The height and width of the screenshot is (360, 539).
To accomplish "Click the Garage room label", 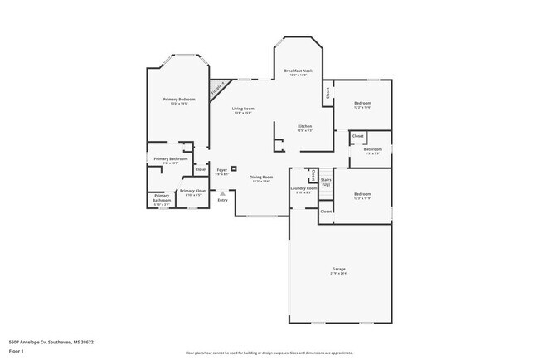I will coord(339,270).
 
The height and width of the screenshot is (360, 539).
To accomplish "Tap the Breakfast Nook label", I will coord(298,71).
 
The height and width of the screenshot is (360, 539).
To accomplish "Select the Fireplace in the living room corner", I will coord(219,88).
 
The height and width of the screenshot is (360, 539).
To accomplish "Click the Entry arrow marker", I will coord(222,192).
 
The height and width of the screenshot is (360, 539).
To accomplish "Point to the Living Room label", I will coord(243,109).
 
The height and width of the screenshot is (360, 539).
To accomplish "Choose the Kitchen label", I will coord(305,126).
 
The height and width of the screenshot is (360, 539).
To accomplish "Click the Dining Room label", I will coord(261,177).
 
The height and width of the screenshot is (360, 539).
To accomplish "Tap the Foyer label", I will coord(221,170).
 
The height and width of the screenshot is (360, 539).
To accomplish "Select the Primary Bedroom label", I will coord(179,100).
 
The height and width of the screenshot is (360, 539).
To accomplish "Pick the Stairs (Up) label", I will coord(326,181).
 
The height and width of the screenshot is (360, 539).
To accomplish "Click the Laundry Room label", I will coord(303,188).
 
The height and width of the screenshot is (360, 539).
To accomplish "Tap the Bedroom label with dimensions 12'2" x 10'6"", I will coord(362,104).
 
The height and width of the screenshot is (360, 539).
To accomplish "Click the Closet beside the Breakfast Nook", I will coord(328,94).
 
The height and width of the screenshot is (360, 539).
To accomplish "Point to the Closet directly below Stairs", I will coord(326,212).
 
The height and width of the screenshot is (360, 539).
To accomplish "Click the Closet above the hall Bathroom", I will coord(357,136).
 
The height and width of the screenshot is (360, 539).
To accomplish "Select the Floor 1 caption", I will coord(17,351).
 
